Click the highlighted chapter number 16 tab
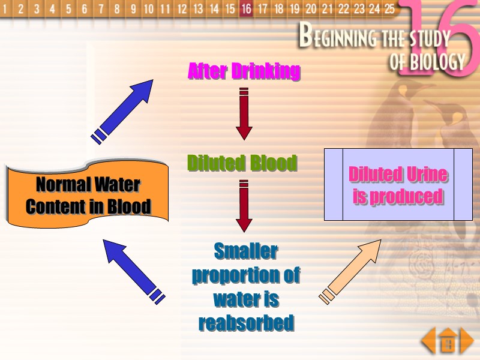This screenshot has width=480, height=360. pyautogui.click(x=245, y=9)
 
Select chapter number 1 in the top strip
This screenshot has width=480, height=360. pyautogui.click(x=5, y=9)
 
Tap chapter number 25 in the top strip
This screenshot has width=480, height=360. pyautogui.click(x=389, y=9)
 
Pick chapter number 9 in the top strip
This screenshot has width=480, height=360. pyautogui.click(x=133, y=9)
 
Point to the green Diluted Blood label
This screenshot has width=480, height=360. pyautogui.click(x=242, y=163)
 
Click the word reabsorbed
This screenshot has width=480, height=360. pyautogui.click(x=246, y=323)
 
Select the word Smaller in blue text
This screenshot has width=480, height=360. pyautogui.click(x=246, y=251)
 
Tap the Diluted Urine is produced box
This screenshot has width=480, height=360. pyautogui.click(x=398, y=185)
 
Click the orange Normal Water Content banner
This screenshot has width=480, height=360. pyautogui.click(x=88, y=195)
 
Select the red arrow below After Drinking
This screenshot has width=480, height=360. pyautogui.click(x=244, y=114)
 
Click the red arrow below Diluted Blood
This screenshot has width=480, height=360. pyautogui.click(x=244, y=206)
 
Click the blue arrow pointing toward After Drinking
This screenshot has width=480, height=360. pyautogui.click(x=123, y=111)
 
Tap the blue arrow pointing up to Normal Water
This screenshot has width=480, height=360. pyautogui.click(x=133, y=270)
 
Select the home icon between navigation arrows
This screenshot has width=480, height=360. pyautogui.click(x=448, y=343)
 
